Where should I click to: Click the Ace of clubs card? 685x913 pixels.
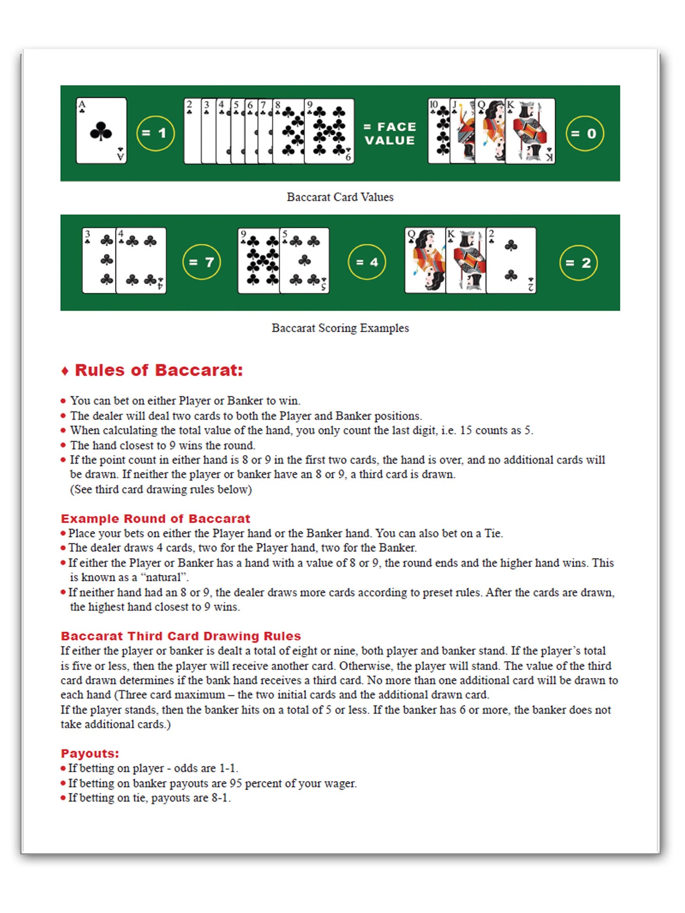click(x=101, y=131)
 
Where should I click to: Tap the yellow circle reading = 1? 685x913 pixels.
click(x=155, y=133)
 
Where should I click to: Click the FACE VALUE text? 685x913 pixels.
click(x=390, y=134)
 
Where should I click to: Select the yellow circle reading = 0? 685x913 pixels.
click(x=585, y=134)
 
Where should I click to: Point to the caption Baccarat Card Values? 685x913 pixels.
click(x=340, y=197)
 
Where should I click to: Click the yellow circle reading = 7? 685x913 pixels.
click(x=201, y=262)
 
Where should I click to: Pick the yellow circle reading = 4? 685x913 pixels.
click(x=366, y=262)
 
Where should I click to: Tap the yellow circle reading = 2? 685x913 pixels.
click(x=578, y=263)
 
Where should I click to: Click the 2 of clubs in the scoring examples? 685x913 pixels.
click(x=511, y=260)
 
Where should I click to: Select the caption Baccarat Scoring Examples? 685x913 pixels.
click(x=340, y=328)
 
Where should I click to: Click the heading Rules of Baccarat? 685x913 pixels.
click(x=158, y=370)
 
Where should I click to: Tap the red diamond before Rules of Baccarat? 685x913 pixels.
click(x=65, y=371)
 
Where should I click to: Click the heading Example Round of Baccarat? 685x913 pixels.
click(x=155, y=518)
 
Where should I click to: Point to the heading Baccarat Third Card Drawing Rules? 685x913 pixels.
click(x=181, y=636)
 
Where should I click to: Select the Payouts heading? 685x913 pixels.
click(x=90, y=753)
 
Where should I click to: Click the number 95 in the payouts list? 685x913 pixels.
click(x=236, y=783)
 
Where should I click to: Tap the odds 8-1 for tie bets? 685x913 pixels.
click(x=220, y=798)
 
